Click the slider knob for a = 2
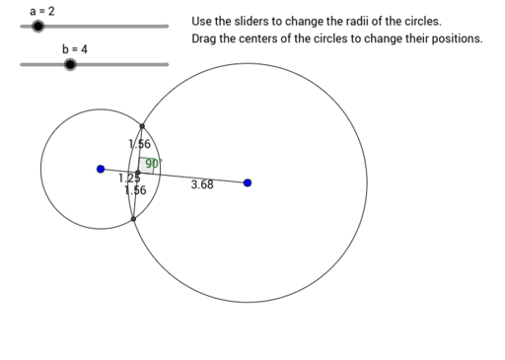[x=37, y=27]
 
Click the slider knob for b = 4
[x=69, y=65]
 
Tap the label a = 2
[x=42, y=10]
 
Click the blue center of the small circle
[x=101, y=169]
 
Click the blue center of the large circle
[x=247, y=182]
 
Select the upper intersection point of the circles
[x=142, y=126]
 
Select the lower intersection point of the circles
[x=133, y=218]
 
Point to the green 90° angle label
[x=153, y=164]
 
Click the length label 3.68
[x=201, y=184]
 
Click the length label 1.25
[x=128, y=179]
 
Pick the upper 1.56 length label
[x=139, y=144]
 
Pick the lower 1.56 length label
[x=136, y=190]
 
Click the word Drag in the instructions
[x=205, y=39]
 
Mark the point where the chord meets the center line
[x=138, y=173]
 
